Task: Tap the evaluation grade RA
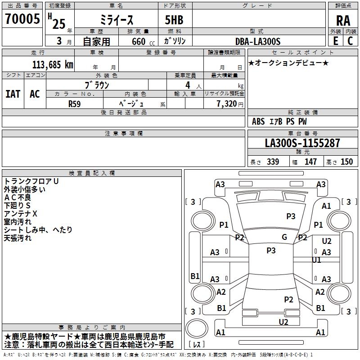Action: (343, 21)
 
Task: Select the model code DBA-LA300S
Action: (258, 41)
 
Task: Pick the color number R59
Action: (74, 103)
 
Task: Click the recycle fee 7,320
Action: (225, 103)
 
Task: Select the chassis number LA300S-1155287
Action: (302, 143)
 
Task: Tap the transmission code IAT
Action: (13, 94)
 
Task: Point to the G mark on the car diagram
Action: (284, 237)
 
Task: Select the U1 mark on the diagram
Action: (317, 260)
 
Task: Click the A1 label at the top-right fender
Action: (326, 206)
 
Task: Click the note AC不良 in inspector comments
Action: (18, 197)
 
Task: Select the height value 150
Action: (347, 162)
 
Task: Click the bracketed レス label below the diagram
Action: (196, 345)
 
